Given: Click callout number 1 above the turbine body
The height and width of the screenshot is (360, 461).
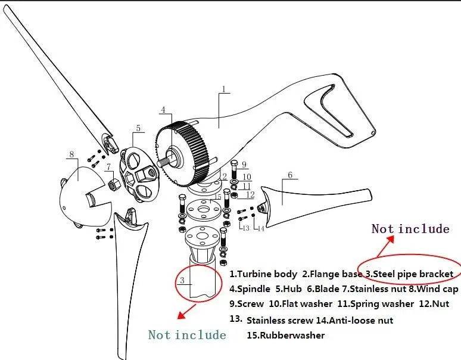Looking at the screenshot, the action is tap(223, 89).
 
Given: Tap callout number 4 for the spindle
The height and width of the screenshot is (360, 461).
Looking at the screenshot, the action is tap(163, 110).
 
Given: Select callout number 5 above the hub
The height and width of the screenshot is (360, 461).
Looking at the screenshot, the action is tap(138, 128).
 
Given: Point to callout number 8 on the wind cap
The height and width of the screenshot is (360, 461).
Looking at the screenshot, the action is tap(71, 154).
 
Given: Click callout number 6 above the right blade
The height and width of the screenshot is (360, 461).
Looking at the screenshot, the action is tap(290, 175).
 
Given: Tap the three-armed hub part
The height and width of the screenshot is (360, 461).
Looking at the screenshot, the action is tap(138, 174).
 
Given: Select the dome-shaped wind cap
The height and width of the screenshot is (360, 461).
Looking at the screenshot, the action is tap(84, 197).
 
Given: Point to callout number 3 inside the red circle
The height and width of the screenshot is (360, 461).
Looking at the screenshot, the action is tap(182, 280).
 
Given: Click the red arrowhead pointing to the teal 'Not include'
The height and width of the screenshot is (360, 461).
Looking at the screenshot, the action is tap(182, 315).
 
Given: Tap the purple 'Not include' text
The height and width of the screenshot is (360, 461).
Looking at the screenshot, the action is tap(410, 229).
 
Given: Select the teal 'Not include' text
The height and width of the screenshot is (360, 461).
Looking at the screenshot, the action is tap(187, 335).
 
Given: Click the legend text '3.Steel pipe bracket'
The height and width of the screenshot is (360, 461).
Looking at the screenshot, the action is tap(409, 274).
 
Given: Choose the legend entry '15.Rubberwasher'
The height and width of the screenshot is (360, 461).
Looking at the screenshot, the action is tap(286, 336).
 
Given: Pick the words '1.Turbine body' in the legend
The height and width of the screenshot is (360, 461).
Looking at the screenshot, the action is tap(263, 274).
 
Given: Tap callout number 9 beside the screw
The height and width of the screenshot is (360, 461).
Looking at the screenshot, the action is tap(244, 165).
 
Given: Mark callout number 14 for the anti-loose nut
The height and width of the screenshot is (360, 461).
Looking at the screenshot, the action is tap(261, 228).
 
